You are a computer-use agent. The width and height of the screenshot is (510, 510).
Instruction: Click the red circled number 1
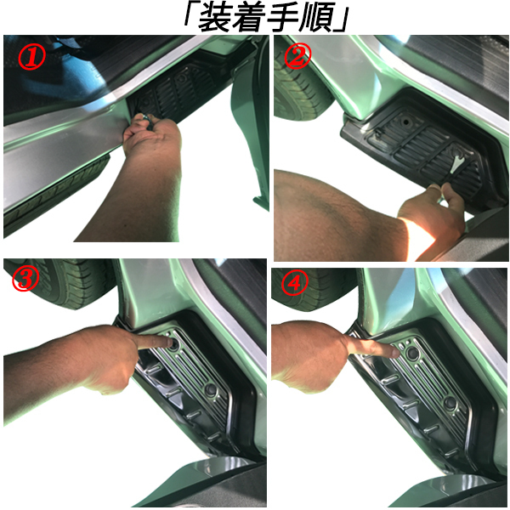[31, 57]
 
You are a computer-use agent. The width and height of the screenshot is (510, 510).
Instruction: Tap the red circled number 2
[297, 56]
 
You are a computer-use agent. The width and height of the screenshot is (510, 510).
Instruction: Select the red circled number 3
[25, 280]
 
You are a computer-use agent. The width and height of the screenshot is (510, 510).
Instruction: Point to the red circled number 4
[295, 283]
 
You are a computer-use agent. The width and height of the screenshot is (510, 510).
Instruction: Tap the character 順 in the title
[318, 18]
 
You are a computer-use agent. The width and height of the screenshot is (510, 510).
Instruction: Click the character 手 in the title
[284, 18]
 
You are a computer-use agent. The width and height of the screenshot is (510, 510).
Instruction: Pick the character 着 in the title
[248, 18]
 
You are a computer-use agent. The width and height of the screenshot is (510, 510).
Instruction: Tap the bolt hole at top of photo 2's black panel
[406, 122]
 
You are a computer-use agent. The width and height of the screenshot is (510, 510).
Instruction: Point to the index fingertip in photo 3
[168, 343]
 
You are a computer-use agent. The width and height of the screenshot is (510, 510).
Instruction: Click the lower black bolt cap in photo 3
[211, 389]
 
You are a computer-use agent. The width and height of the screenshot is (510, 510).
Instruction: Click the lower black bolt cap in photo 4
[450, 403]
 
